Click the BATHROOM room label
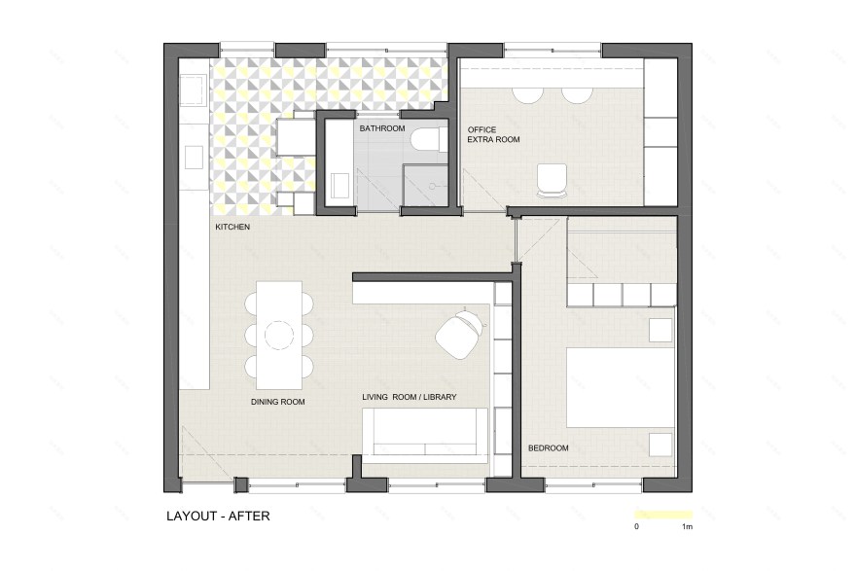point(382,128)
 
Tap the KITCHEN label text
point(232,227)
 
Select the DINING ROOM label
point(278,402)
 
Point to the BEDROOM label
point(548,448)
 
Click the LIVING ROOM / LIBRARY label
point(410,397)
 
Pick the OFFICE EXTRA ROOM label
point(493,134)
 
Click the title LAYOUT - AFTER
point(218,516)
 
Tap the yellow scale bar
point(663,515)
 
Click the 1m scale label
point(688,527)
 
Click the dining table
point(279,335)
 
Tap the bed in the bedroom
point(621,387)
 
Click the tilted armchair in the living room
point(460,335)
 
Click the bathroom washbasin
point(340,185)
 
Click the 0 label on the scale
point(636,527)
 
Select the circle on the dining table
point(279,335)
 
